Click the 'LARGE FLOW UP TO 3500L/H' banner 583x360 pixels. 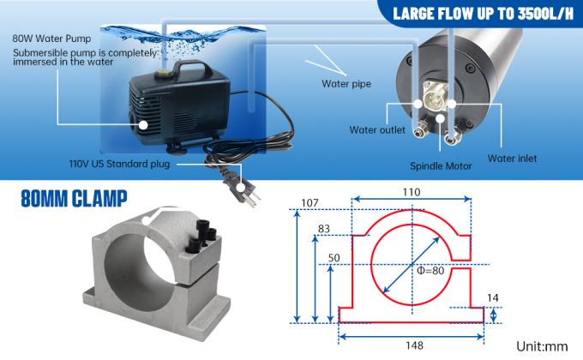click(477, 14)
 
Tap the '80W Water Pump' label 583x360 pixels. click(50, 39)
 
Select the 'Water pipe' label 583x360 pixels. click(346, 84)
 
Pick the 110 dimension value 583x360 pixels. click(412, 193)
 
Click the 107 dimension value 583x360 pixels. click(310, 204)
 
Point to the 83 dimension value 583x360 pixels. click(325, 229)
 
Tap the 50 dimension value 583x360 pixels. click(334, 257)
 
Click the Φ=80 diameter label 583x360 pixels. click(432, 269)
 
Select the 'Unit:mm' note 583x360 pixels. click(542, 346)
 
